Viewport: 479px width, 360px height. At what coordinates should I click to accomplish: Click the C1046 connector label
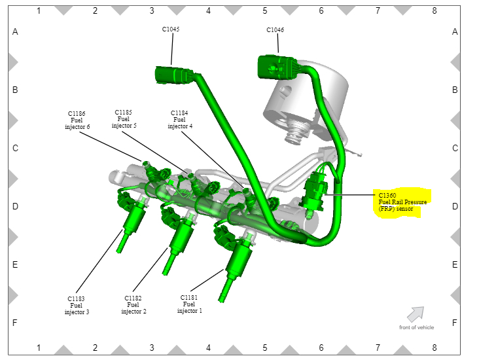pos(275,30)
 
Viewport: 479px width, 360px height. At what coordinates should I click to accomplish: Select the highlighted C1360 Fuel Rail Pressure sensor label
pos(402,202)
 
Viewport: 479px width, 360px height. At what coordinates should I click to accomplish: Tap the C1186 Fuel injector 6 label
pos(77,120)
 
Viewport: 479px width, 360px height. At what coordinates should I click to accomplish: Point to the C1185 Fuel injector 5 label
pos(124,118)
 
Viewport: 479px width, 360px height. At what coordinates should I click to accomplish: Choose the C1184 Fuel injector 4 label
pos(179,119)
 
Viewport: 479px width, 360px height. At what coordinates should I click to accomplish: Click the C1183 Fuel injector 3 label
pos(77,305)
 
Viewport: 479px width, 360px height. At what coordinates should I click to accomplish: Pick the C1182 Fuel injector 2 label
pos(133,304)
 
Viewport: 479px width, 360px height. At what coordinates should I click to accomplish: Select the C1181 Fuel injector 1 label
pos(189,304)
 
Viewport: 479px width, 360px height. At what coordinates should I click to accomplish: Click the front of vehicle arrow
pos(416,314)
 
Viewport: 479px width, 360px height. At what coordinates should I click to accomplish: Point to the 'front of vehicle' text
pos(416,327)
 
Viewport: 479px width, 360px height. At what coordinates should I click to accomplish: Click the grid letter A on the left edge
pos(15,31)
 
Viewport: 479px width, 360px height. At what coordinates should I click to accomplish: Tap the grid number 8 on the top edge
pos(434,10)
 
